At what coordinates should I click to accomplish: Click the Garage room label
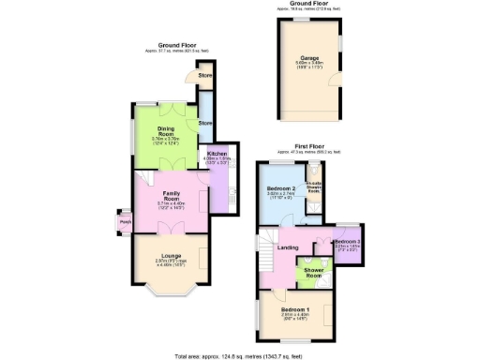pyautogui.click(x=309, y=57)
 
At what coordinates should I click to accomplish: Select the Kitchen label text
pyautogui.click(x=217, y=153)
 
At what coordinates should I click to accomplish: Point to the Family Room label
pyautogui.click(x=158, y=197)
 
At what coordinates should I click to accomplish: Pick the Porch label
pyautogui.click(x=126, y=222)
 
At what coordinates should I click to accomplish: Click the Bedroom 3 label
pyautogui.click(x=348, y=243)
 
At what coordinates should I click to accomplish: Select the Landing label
pyautogui.click(x=288, y=247)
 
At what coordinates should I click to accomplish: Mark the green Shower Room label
pyautogui.click(x=312, y=273)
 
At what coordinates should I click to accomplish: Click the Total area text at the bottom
pyautogui.click(x=239, y=356)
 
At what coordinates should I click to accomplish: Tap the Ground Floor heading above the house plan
pyautogui.click(x=176, y=43)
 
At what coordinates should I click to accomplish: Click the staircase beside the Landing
pyautogui.click(x=264, y=247)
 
